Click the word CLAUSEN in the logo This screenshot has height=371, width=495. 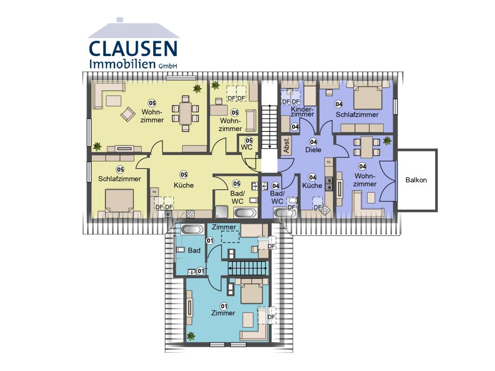(133, 49)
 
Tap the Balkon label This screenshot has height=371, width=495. (416, 180)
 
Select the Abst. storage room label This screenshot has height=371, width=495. (286, 145)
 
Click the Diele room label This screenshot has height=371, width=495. (313, 150)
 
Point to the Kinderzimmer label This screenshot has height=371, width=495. (302, 112)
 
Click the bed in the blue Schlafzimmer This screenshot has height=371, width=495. (368, 97)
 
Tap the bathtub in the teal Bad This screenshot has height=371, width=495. (192, 229)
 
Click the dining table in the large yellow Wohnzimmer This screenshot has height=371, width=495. (186, 113)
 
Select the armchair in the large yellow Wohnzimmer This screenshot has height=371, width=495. (128, 114)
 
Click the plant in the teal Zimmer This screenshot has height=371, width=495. (190, 336)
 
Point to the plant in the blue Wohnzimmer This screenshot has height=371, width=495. (387, 141)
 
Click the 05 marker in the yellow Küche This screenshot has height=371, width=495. (184, 174)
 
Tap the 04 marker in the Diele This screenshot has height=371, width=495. (313, 142)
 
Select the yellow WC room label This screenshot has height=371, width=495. (247, 147)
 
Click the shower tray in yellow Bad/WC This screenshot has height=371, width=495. (221, 212)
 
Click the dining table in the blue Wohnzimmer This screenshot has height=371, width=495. (366, 147)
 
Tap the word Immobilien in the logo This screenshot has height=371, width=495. (122, 64)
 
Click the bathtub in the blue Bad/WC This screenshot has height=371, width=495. (285, 213)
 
